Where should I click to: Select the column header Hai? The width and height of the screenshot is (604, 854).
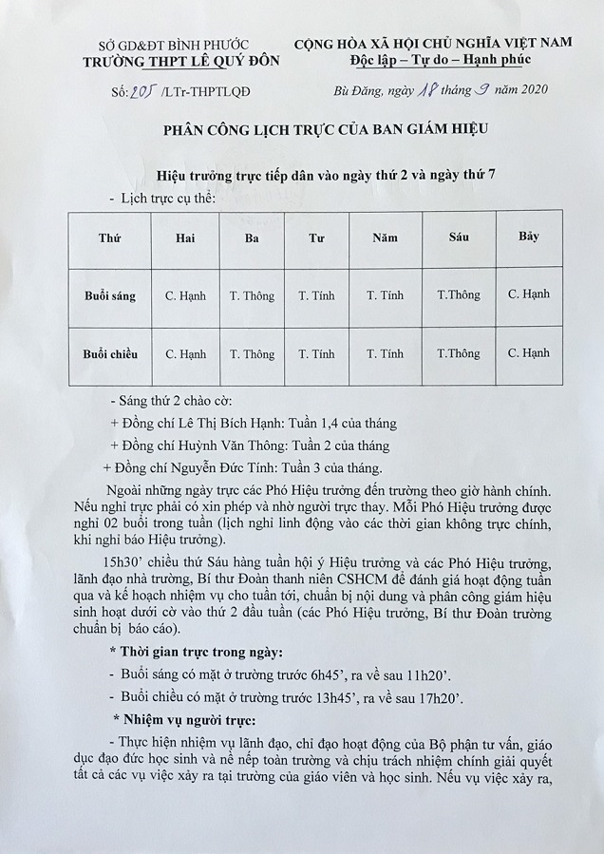click(x=185, y=238)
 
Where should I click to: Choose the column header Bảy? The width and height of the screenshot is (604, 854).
click(x=528, y=236)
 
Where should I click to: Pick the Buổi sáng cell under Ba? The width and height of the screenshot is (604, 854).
click(x=252, y=295)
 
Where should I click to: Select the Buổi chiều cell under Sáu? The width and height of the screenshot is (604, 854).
click(x=458, y=354)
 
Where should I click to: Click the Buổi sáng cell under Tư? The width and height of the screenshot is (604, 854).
click(x=316, y=295)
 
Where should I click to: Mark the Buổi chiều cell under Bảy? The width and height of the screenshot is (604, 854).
click(x=528, y=353)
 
